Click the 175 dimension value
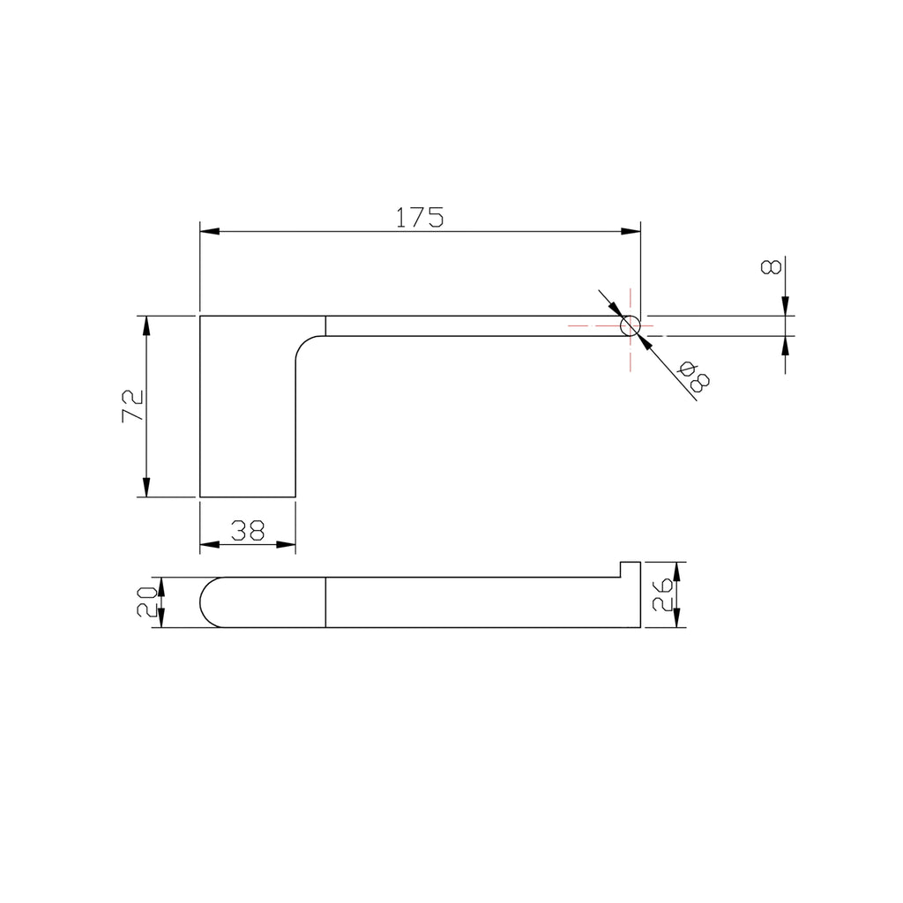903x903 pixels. [x=420, y=217]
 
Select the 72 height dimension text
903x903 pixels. [x=133, y=406]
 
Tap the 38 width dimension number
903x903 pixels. [x=248, y=530]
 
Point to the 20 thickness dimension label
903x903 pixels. [x=147, y=601]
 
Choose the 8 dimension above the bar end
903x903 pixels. [x=771, y=266]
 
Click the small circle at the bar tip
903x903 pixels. [x=630, y=326]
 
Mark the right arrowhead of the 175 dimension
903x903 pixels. [x=631, y=232]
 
